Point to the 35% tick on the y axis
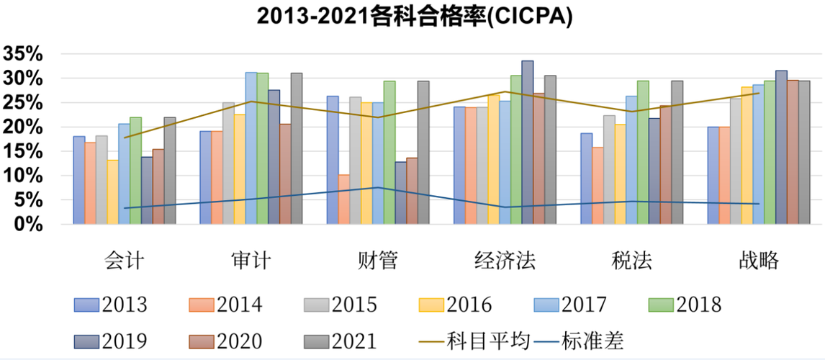tap(24, 54)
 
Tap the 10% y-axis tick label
tap(24, 176)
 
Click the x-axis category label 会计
tap(124, 260)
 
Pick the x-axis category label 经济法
tap(505, 260)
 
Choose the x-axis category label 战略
tap(759, 260)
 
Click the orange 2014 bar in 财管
tap(343, 199)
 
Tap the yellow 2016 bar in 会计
tap(112, 192)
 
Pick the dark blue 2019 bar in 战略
tap(781, 148)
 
